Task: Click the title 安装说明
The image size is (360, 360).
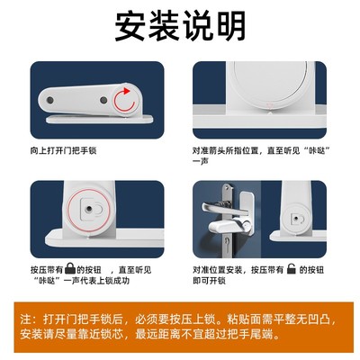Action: tap(180, 24)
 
